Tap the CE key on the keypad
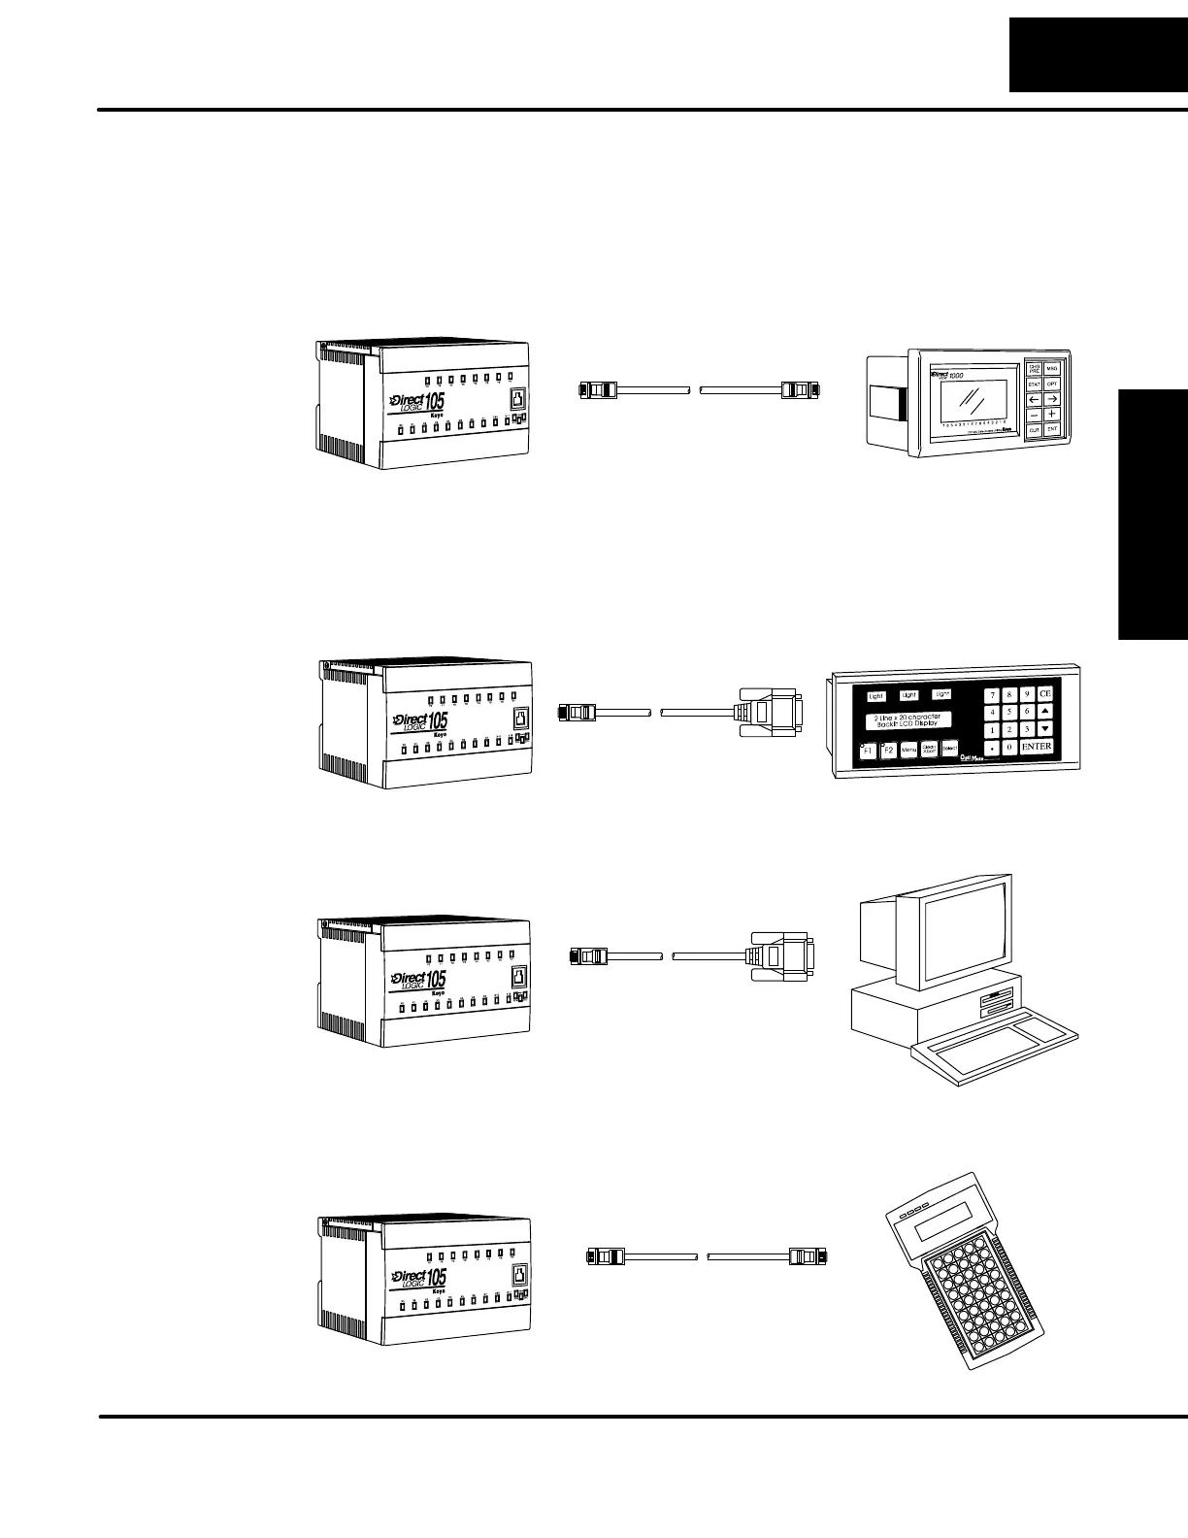coord(1045,694)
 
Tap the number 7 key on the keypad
coord(992,695)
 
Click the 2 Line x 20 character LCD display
coord(904,720)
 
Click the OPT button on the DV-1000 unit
coord(1052,384)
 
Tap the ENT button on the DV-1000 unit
coord(1052,428)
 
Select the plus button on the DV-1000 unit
coord(1052,414)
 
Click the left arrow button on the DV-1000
coord(1034,399)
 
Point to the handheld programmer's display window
coord(945,1222)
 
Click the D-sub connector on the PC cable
coord(781,954)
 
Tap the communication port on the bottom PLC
coord(520,1275)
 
